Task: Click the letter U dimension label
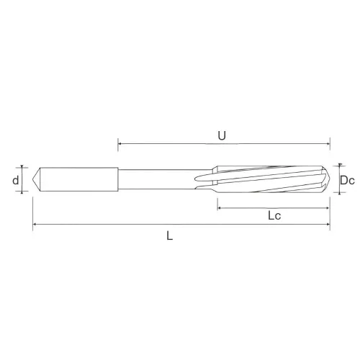coord(222,136)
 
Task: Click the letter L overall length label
coord(170,236)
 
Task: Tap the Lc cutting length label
coord(274,215)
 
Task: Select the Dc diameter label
coord(347,180)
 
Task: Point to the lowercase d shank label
coord(16,180)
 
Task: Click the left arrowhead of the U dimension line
coord(120,144)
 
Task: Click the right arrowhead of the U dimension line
coord(328,144)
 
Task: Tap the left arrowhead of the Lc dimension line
coord(219,208)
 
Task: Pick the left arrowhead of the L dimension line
coord(35,224)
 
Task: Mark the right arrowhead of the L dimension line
coord(328,224)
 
